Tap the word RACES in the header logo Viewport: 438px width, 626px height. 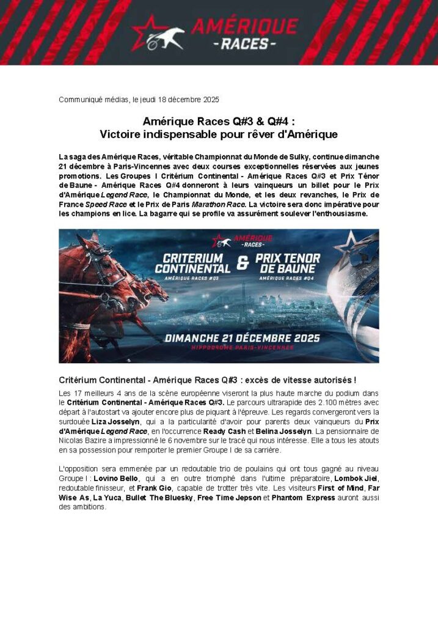(244, 44)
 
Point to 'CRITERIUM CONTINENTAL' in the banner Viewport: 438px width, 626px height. (192, 263)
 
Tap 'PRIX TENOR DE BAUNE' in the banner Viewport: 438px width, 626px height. (294, 263)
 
